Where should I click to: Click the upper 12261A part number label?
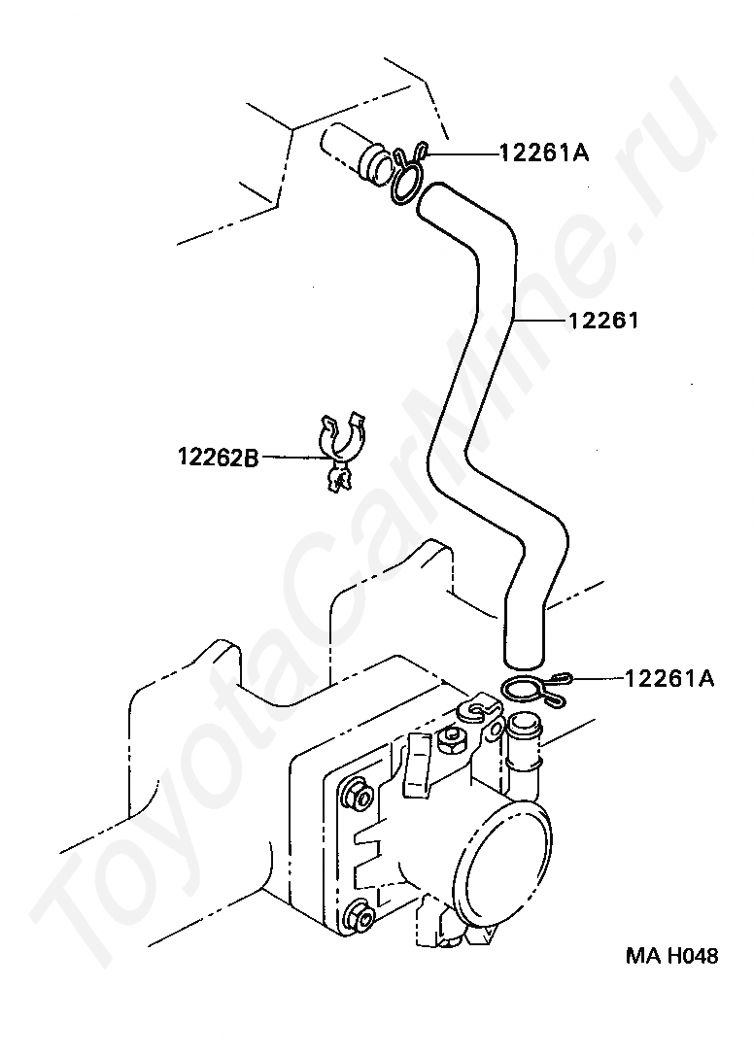click(545, 153)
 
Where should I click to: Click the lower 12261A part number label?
click(669, 678)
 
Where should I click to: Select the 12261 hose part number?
click(603, 319)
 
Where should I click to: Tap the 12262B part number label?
click(218, 457)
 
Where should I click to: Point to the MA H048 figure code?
click(671, 956)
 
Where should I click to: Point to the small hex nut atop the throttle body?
click(449, 741)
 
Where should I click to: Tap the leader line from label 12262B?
click(291, 457)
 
